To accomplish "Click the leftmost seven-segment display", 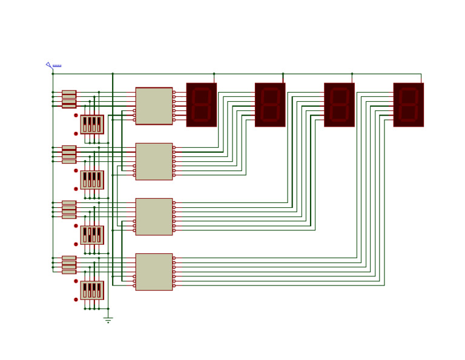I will (201, 105).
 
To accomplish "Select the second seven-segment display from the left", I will (270, 105).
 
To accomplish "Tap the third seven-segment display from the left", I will (339, 105).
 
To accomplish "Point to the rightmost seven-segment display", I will (408, 105).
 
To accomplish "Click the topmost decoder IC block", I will (154, 106).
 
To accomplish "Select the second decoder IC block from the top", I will (154, 161).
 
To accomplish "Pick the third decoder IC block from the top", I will (154, 216).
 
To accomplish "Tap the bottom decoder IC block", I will (154, 272).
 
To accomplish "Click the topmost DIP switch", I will (92, 124).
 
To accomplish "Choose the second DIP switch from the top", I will (92, 180).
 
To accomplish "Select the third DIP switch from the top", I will (92, 235).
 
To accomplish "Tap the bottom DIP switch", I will (92, 290).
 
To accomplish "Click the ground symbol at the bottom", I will (108, 319).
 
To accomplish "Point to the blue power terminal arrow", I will (48, 64).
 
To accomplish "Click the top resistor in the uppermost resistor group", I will (69, 92).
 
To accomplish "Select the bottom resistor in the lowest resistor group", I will (69, 272).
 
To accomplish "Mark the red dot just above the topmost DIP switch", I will (76, 115).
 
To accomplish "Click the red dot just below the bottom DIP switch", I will (76, 299).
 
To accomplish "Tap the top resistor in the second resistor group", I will (69, 147).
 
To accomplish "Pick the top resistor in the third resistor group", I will (69, 202).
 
